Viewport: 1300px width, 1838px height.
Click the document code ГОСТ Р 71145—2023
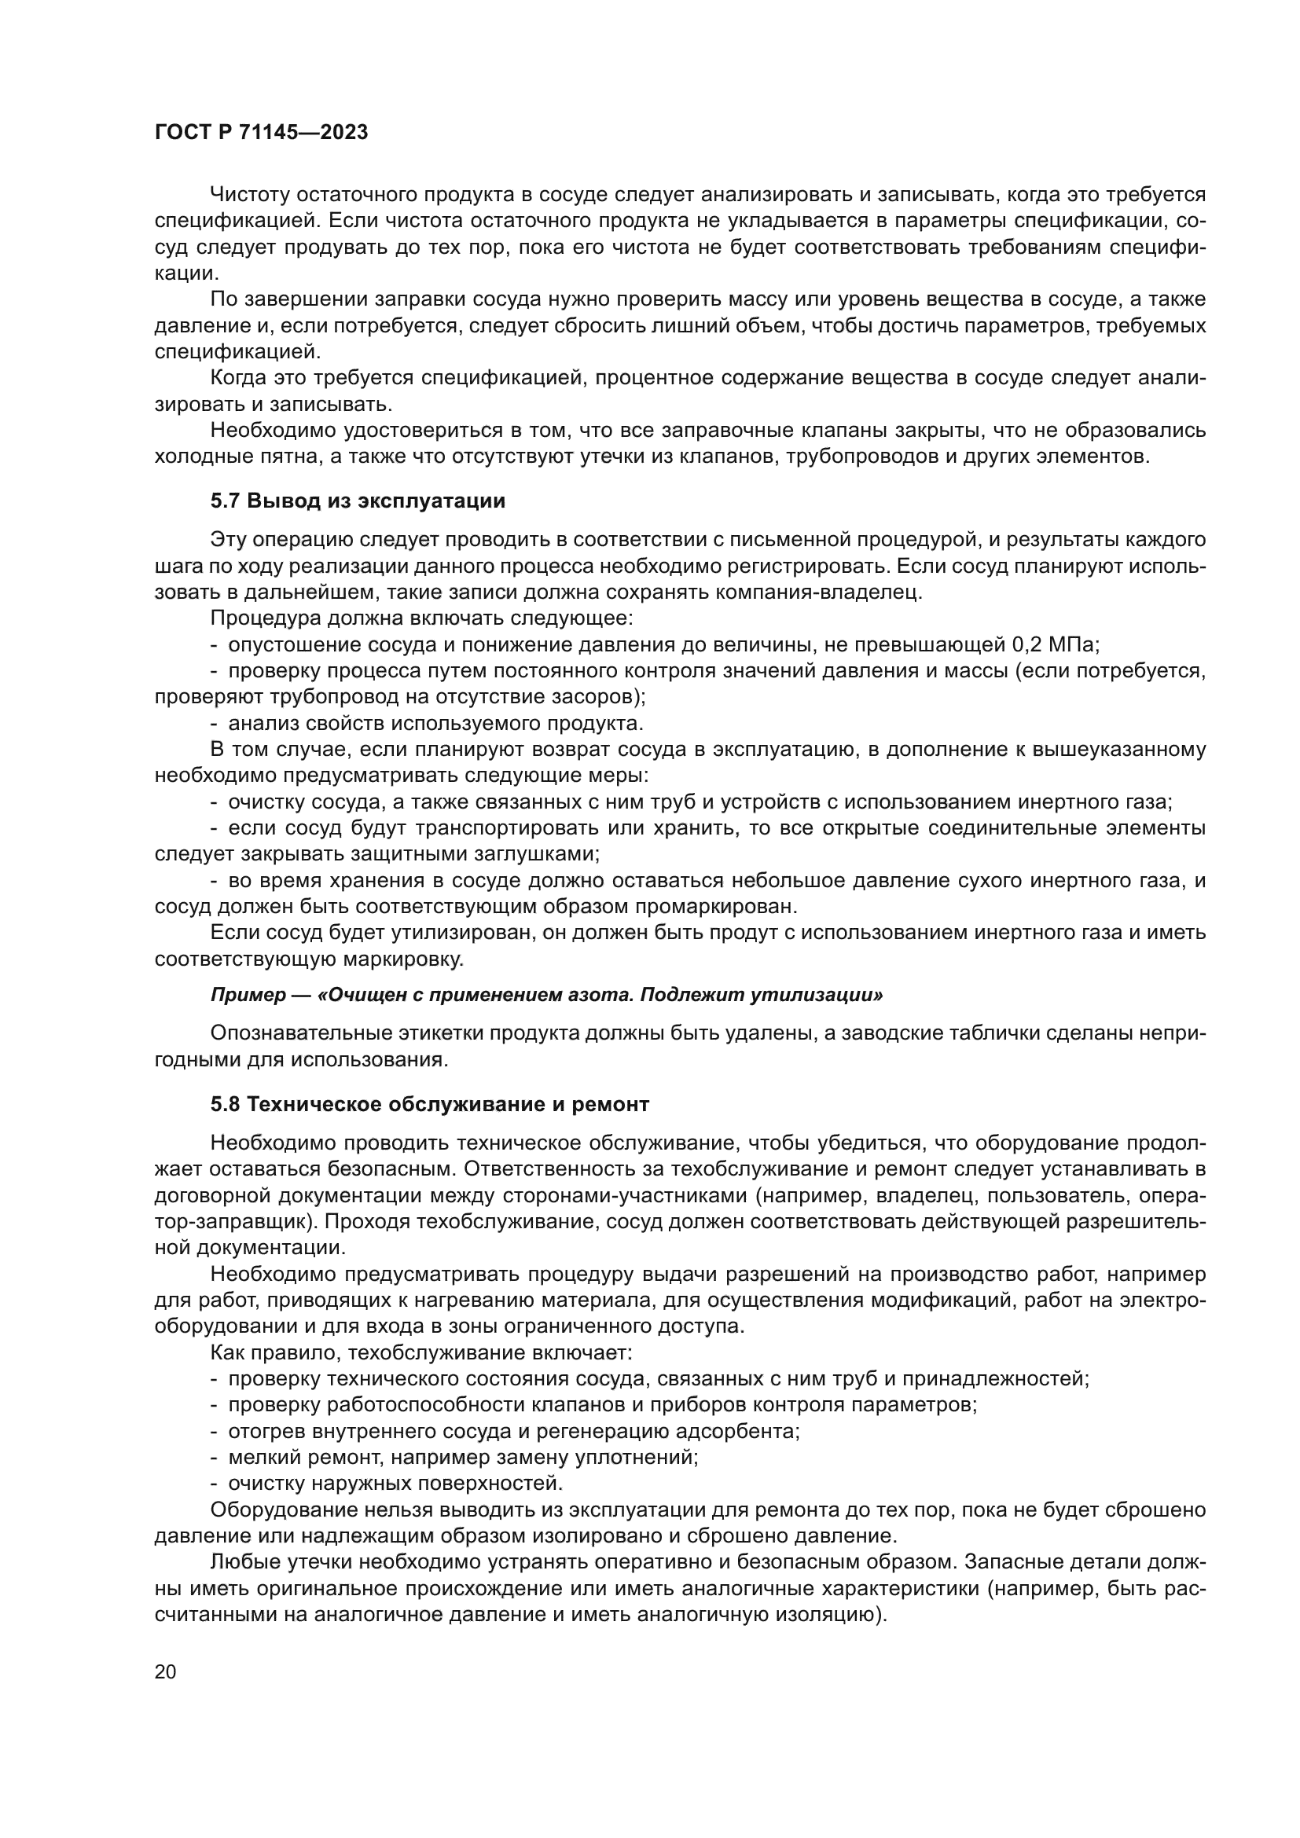point(261,133)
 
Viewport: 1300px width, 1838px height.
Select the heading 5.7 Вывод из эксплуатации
point(358,501)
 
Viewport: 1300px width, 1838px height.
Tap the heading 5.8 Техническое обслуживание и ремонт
point(430,1104)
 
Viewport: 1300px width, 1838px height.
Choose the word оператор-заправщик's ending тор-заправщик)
point(236,1222)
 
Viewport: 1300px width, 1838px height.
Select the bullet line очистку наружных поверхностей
point(395,1484)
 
